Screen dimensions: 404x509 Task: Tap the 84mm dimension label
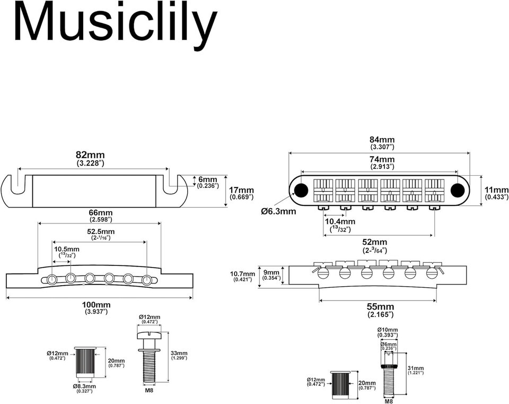381,139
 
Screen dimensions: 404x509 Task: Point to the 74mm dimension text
382,159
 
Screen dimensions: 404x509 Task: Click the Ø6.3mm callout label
278,211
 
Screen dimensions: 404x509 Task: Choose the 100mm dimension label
96,305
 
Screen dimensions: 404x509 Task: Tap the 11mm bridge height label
496,190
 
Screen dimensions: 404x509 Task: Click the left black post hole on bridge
302,190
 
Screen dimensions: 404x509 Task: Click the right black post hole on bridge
456,190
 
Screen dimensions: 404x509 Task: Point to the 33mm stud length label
179,353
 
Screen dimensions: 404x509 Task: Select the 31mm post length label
416,368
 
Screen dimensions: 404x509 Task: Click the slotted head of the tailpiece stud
149,334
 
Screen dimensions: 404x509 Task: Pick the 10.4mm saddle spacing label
340,221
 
